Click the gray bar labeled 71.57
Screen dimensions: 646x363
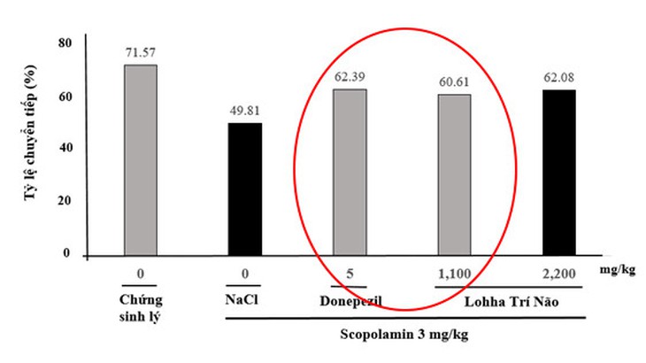(141, 160)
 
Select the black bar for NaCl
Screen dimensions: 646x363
(245, 189)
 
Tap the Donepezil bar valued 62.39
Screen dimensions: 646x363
(350, 173)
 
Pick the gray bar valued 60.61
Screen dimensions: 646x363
(455, 175)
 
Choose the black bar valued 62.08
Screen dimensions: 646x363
(559, 173)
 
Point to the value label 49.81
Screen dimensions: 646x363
(245, 111)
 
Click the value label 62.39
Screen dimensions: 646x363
(350, 77)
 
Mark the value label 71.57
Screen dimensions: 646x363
(141, 53)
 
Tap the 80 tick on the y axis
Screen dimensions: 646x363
(65, 42)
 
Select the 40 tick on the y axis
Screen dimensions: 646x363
(65, 148)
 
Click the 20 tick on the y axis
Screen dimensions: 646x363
(65, 201)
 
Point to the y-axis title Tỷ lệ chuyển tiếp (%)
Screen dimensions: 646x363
(30, 133)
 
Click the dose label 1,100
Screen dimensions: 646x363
(455, 274)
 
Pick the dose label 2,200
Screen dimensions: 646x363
(559, 274)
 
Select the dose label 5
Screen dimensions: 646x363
(350, 274)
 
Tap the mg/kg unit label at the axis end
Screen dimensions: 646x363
(617, 270)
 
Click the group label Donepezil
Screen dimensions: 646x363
(350, 301)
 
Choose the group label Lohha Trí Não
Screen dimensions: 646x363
(511, 302)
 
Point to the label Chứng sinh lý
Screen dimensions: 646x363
(141, 308)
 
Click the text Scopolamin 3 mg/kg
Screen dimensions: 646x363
(404, 334)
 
